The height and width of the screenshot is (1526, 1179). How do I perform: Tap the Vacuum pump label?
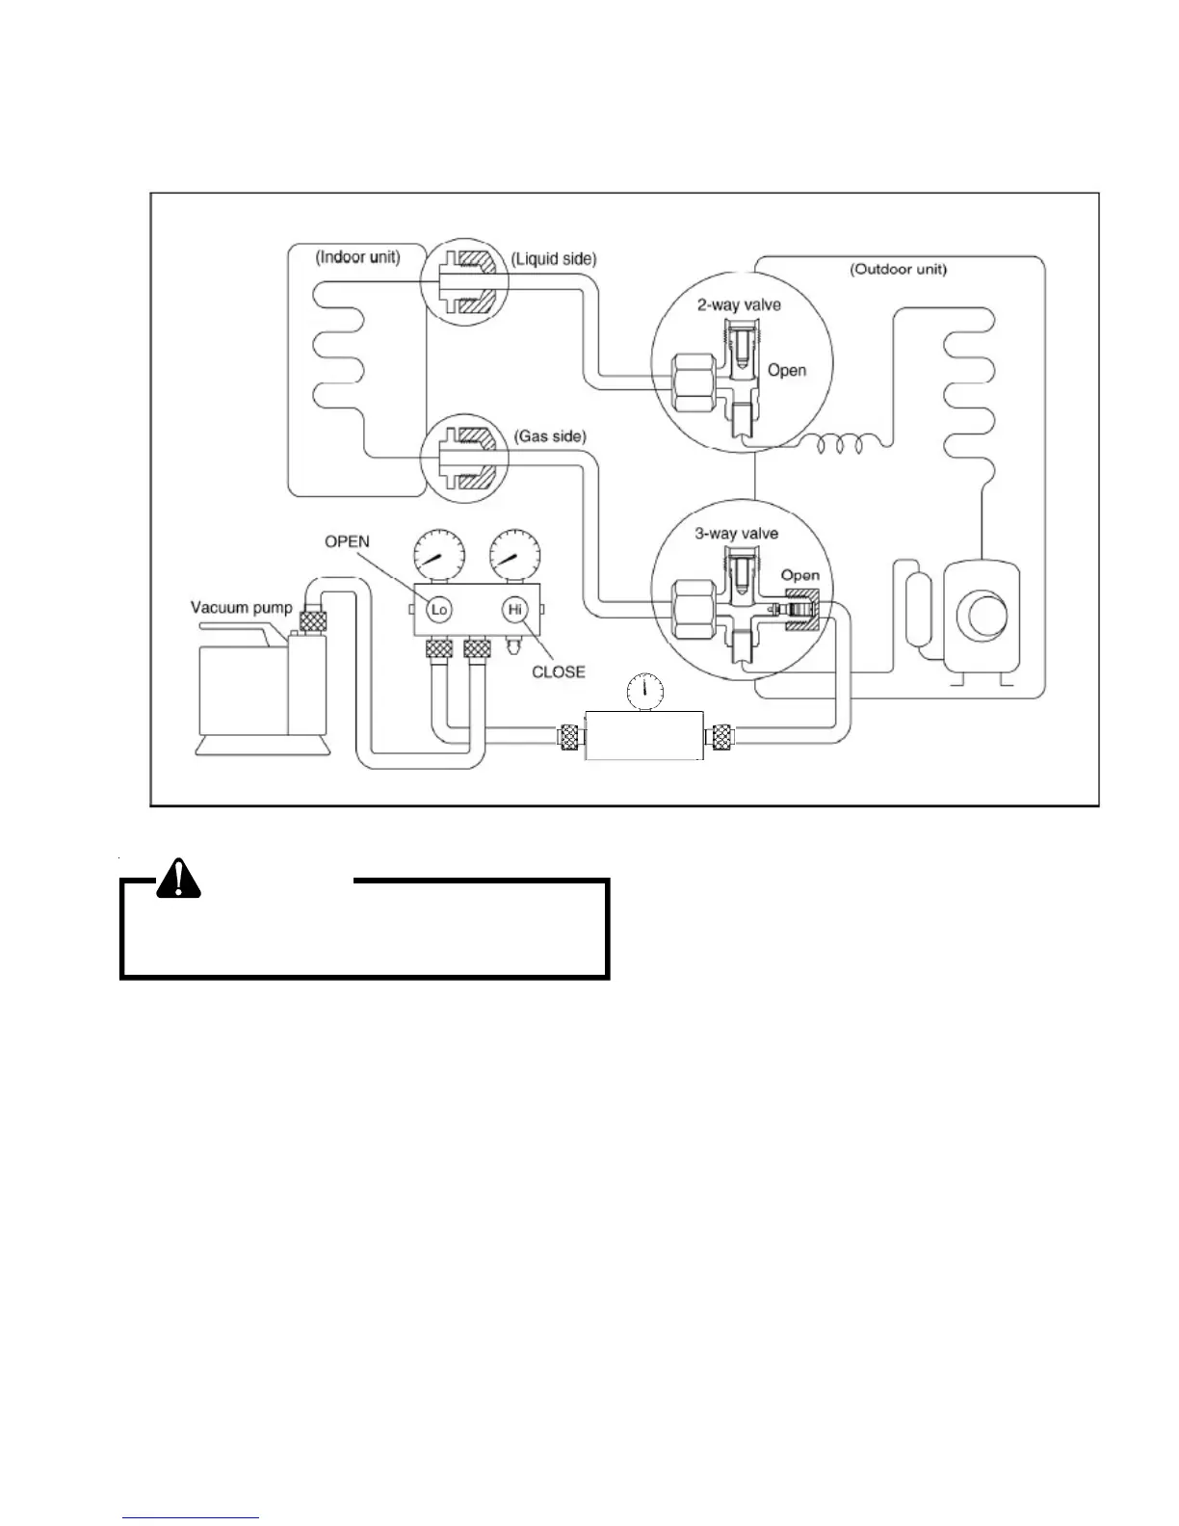pos(234,607)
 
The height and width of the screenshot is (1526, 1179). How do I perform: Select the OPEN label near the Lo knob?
pos(347,541)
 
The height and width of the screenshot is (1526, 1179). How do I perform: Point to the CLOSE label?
pos(559,671)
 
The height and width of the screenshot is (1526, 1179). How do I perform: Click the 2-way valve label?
pos(739,305)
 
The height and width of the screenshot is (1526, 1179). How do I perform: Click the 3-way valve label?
pos(737,534)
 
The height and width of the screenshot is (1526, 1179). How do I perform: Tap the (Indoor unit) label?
pos(357,258)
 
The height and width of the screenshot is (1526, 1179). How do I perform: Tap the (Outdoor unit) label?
pos(898,270)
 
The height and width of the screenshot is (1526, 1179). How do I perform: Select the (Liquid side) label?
pos(554,259)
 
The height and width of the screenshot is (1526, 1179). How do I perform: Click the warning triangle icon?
pos(178,878)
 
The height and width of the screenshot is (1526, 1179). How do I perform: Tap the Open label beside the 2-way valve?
pos(787,370)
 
